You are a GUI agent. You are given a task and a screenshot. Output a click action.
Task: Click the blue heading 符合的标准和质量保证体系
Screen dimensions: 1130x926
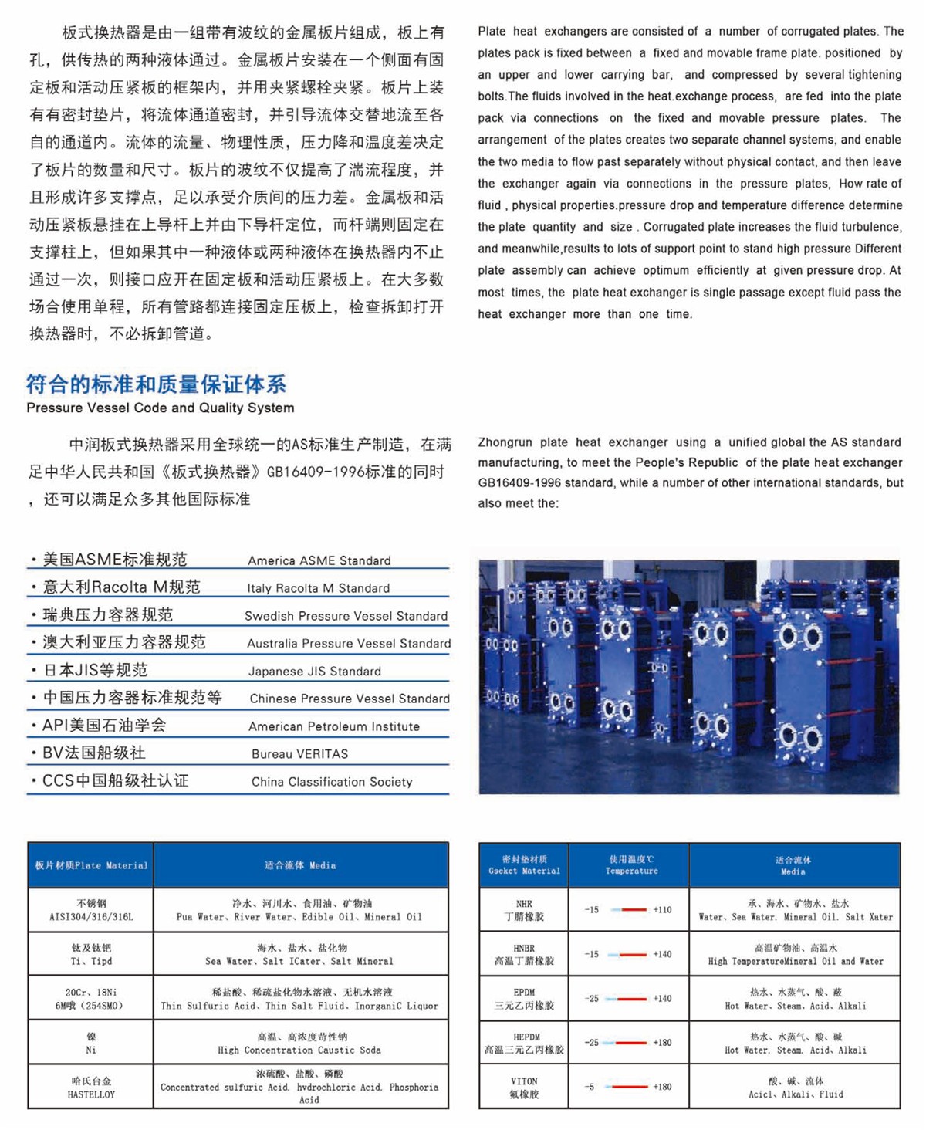(x=156, y=384)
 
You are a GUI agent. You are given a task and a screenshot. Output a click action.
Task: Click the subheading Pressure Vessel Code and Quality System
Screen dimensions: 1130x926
(x=160, y=408)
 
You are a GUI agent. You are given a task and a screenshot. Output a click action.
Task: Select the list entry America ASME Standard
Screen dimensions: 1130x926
(x=319, y=560)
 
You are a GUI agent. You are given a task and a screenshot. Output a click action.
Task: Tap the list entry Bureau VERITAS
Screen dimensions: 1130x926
(x=299, y=753)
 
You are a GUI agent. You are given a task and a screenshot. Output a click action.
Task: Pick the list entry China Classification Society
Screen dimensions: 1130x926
(x=332, y=781)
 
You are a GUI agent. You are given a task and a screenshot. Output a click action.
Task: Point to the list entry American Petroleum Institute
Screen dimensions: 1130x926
(x=334, y=726)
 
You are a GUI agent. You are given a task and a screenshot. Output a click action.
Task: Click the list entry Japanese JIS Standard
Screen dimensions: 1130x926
(x=314, y=671)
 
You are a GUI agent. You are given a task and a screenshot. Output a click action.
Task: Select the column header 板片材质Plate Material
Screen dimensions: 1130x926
(x=91, y=865)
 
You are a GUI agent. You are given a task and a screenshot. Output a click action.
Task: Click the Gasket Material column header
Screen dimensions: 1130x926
(x=524, y=865)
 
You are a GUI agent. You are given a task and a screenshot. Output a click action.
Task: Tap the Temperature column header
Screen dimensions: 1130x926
(x=631, y=865)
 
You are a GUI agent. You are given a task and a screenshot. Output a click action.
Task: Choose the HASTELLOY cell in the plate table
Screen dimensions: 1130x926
(x=91, y=1088)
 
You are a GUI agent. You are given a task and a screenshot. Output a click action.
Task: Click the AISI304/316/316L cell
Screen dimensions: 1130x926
(x=91, y=910)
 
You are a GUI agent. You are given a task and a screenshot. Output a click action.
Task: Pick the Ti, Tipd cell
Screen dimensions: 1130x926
(x=91, y=955)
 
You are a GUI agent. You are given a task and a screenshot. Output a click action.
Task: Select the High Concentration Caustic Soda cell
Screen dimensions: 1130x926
(x=300, y=1044)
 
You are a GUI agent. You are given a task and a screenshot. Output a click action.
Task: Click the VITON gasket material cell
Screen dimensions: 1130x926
(x=524, y=1088)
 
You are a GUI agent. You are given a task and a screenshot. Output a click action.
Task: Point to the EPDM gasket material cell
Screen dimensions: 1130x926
(x=524, y=999)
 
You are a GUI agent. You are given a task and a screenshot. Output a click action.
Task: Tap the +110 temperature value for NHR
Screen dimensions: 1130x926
(x=662, y=910)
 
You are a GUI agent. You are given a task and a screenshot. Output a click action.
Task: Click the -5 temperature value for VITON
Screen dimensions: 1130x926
(x=590, y=1087)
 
